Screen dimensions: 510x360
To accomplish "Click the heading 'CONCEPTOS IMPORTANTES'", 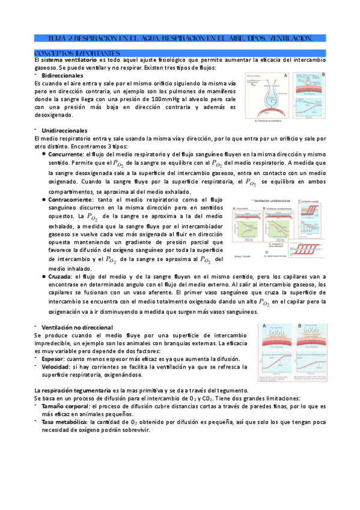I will point(78,53).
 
